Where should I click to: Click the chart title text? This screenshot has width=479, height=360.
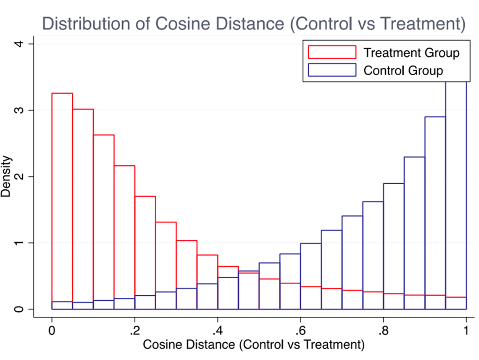[254, 24]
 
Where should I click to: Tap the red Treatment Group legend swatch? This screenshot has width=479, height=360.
[332, 53]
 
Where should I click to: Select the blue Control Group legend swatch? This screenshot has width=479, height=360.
[332, 70]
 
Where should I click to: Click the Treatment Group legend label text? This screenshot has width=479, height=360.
[411, 53]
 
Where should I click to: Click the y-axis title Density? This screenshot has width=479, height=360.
[6, 176]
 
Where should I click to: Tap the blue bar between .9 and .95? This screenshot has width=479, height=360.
[435, 210]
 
